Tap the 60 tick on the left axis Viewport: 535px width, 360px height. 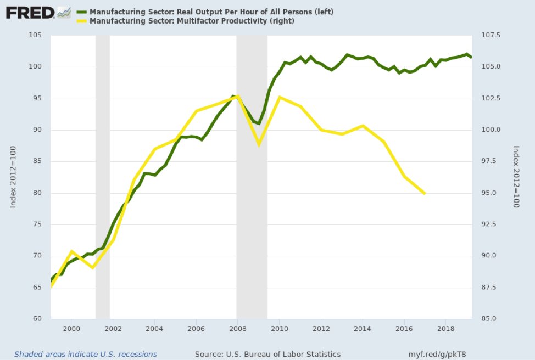coord(37,319)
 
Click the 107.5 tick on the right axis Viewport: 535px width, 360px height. coord(490,36)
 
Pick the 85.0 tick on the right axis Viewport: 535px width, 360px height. coord(489,319)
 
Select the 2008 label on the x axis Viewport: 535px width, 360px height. coord(237,328)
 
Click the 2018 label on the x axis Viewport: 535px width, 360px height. coord(445,328)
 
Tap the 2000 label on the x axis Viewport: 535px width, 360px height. coord(71,328)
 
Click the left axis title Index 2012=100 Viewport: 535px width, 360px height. coord(13,177)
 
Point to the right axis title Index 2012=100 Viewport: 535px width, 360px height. coord(516,177)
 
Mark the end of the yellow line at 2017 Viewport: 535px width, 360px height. coord(425,193)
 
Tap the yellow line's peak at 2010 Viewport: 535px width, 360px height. coord(280,97)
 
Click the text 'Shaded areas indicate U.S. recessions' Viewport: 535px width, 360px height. coord(86,354)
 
